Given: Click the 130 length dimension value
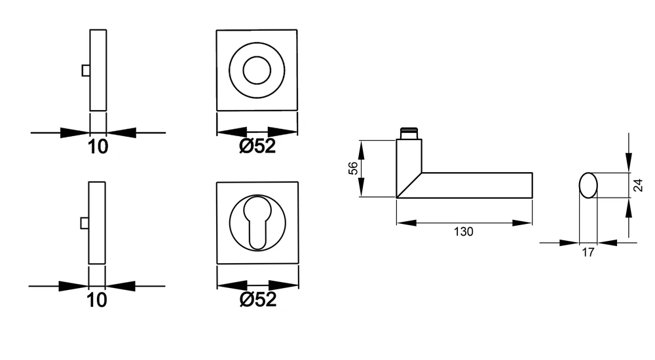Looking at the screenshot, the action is point(463,231).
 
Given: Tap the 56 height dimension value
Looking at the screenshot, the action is point(353,168).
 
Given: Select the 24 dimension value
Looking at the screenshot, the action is point(638,185).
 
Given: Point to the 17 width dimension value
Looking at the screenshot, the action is point(588,252).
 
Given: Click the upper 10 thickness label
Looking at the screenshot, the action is point(98,147).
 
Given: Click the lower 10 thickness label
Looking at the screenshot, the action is point(96,300).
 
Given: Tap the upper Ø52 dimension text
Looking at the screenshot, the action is point(257,146).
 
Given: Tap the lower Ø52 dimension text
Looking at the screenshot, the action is point(257,299).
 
